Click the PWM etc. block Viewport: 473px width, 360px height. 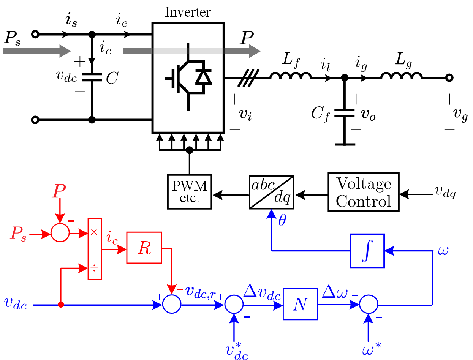pyautogui.click(x=190, y=191)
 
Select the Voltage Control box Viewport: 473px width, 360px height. pyautogui.click(x=363, y=192)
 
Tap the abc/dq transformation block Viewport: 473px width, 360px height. pyautogui.click(x=272, y=192)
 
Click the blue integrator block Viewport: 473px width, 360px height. pyautogui.click(x=367, y=251)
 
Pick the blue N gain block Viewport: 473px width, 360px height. pyautogui.click(x=300, y=304)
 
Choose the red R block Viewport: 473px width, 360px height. pyautogui.click(x=144, y=247)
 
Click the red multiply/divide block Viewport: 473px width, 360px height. pyautogui.click(x=95, y=249)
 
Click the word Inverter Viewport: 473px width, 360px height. pyautogui.click(x=188, y=12)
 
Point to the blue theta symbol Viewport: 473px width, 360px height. pyautogui.click(x=282, y=221)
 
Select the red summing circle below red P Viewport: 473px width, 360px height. pyautogui.click(x=60, y=232)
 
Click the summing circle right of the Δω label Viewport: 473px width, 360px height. pyautogui.click(x=369, y=305)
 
